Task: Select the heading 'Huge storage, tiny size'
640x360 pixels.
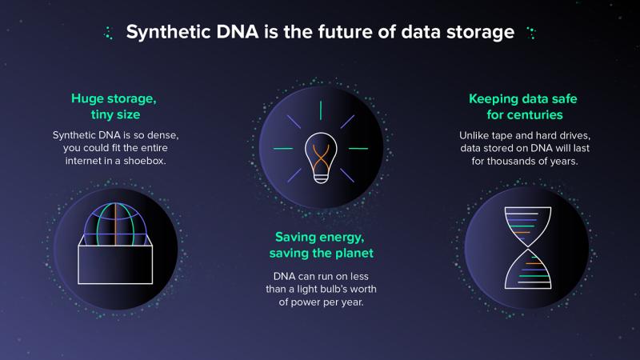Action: coord(114,106)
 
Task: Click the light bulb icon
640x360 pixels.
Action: coord(322,158)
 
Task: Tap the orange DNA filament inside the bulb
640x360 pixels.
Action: coord(322,159)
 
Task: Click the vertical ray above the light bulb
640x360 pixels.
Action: coord(321,110)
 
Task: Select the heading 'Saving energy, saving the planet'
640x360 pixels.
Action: coord(322,245)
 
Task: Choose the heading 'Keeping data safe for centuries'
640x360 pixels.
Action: coord(524,106)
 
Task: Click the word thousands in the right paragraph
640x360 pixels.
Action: coord(514,162)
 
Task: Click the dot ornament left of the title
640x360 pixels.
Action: coord(109,33)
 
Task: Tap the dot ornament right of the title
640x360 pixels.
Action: coord(531,33)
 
